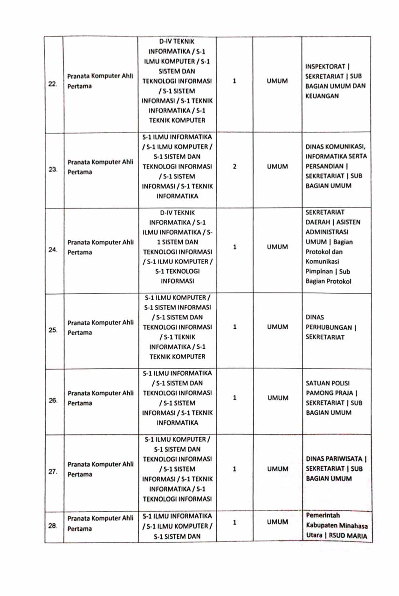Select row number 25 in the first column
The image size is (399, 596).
[x=53, y=330]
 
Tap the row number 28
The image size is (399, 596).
[x=53, y=526]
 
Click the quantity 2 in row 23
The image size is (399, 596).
[x=234, y=166]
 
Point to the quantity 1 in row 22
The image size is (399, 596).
[x=234, y=81]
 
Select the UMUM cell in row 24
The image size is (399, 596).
[x=277, y=247]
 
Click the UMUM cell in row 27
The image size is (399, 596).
[x=277, y=469]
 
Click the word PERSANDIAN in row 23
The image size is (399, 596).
[x=325, y=166]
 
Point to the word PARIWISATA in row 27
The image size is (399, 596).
[x=345, y=459]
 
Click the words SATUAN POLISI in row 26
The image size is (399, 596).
[x=328, y=383]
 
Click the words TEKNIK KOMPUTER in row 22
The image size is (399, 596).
[x=177, y=120]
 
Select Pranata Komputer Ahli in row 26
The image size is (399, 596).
[x=101, y=393]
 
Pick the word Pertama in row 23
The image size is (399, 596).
[x=80, y=172]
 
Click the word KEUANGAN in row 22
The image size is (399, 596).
[x=322, y=96]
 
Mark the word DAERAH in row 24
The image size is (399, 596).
[x=318, y=222]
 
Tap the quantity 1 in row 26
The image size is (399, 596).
[x=234, y=398]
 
